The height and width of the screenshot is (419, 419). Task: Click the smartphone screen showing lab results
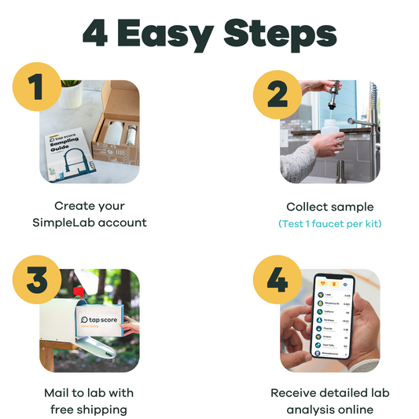[x=336, y=323]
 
